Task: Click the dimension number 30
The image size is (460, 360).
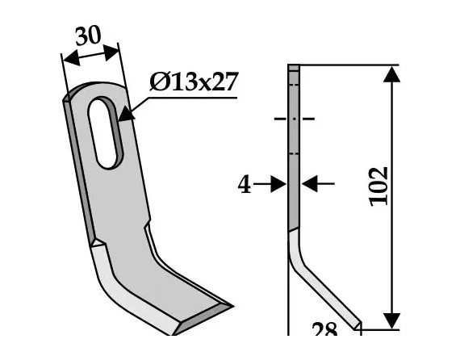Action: pyautogui.click(x=89, y=37)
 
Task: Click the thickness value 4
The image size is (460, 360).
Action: pyautogui.click(x=243, y=185)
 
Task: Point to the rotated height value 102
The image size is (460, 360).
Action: pyautogui.click(x=378, y=187)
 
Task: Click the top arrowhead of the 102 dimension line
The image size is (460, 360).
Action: pyautogui.click(x=391, y=74)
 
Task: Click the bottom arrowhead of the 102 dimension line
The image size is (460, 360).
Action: pyautogui.click(x=391, y=320)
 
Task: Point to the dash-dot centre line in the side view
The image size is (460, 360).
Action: pyautogui.click(x=294, y=119)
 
